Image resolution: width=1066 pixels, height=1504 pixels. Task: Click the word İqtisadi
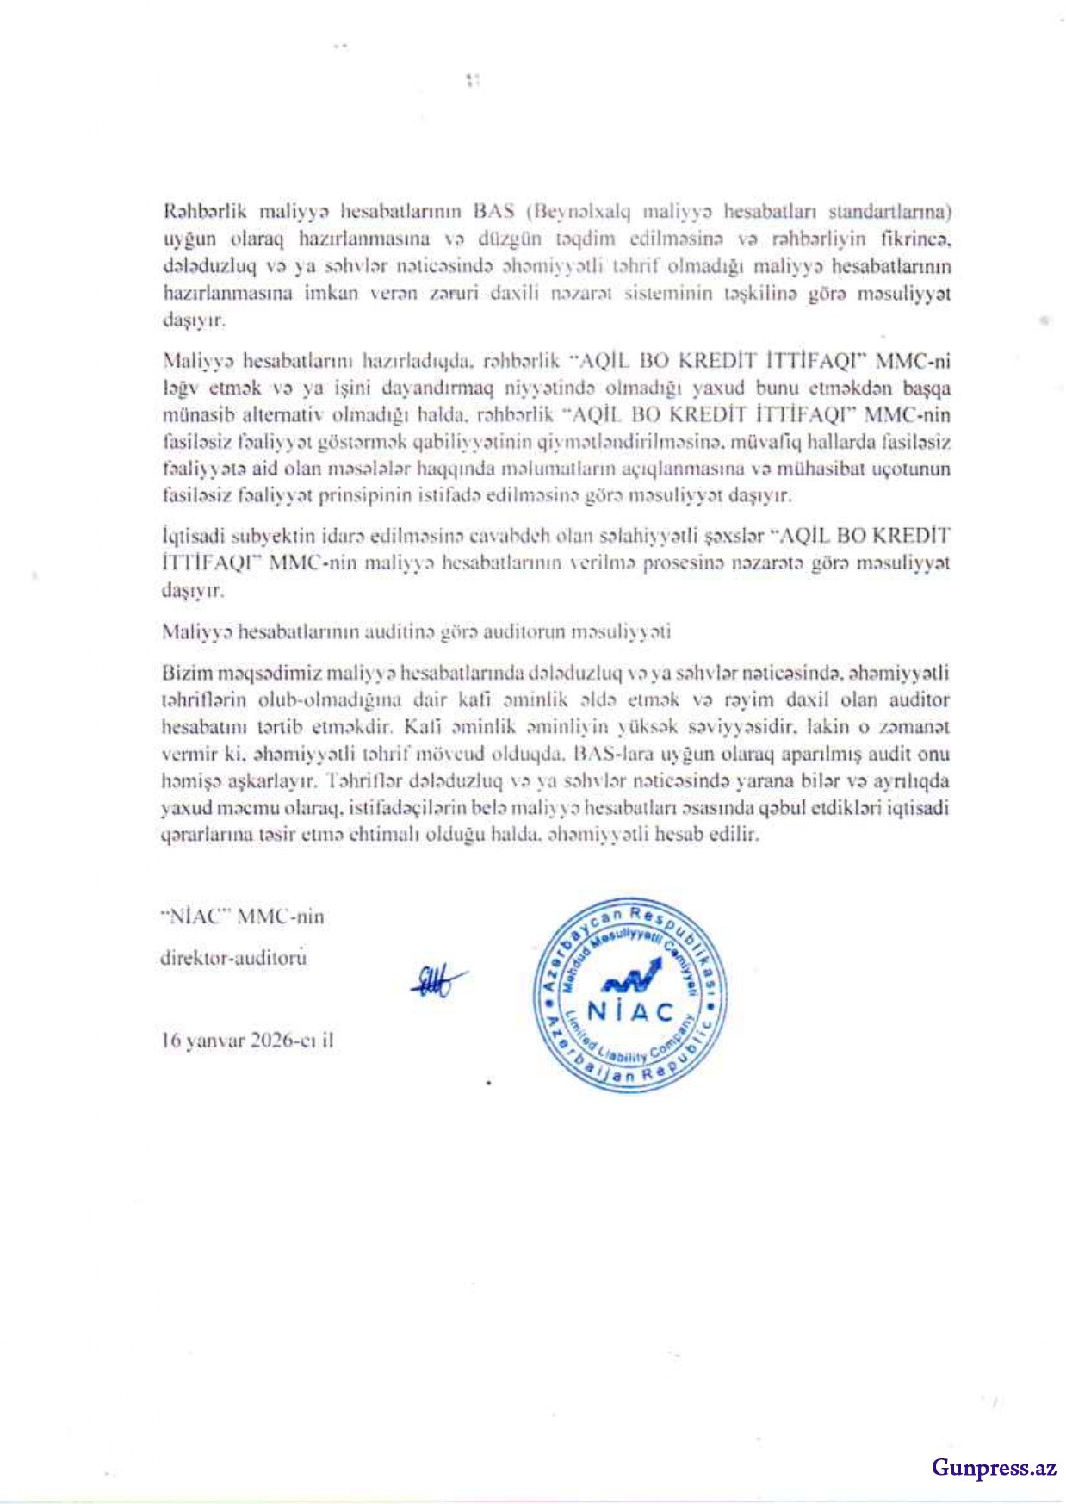tap(191, 536)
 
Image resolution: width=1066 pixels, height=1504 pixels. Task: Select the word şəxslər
tap(734, 536)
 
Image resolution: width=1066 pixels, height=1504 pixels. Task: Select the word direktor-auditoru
tap(233, 957)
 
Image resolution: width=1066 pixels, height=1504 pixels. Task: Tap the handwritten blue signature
tap(439, 980)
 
